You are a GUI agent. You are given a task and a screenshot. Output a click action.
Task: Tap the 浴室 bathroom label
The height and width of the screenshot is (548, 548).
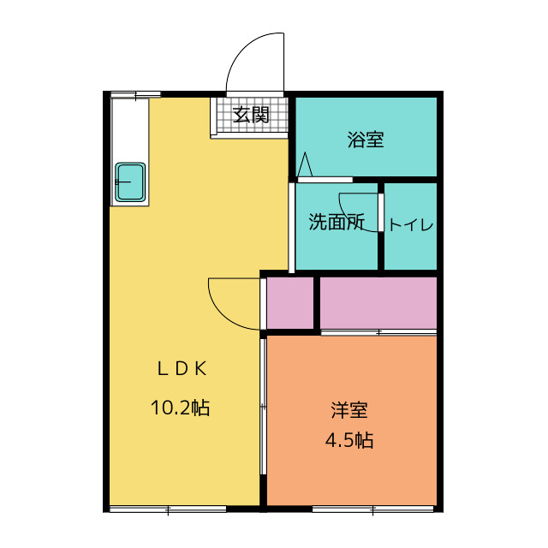[x=366, y=140]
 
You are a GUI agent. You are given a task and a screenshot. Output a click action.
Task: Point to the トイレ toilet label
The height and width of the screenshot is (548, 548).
[x=411, y=225]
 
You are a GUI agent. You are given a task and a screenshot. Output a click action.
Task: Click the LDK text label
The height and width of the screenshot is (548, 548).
[x=181, y=368]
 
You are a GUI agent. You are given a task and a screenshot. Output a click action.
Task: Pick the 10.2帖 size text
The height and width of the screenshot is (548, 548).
[x=181, y=408]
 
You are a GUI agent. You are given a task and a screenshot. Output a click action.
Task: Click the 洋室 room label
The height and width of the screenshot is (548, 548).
[x=350, y=410]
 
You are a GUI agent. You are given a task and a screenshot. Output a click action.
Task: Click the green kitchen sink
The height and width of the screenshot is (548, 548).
[x=130, y=182]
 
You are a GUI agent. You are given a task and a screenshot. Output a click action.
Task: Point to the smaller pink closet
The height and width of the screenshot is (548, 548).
[x=290, y=302]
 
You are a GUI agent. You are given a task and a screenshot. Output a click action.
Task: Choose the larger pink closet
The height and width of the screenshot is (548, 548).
[x=378, y=302]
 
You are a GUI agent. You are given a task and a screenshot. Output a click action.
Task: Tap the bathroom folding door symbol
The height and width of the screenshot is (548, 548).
[x=305, y=164]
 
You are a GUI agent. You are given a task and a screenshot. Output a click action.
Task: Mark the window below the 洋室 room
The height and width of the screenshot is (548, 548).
[x=374, y=510]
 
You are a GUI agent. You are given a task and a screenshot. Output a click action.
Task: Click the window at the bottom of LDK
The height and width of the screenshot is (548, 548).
[x=168, y=510]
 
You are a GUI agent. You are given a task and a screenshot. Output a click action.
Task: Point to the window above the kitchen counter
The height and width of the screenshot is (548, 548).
[x=135, y=93]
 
